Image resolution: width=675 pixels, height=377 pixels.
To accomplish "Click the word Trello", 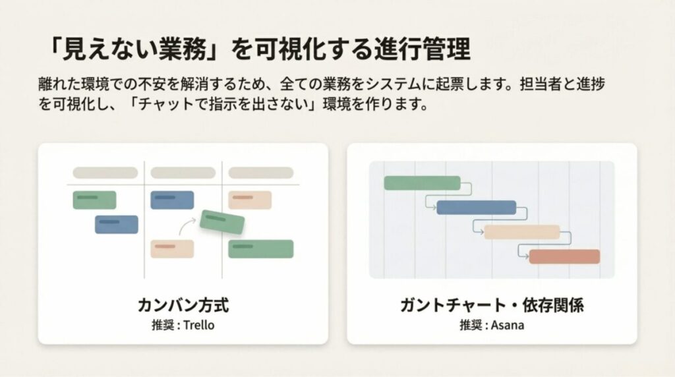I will coord(199,326).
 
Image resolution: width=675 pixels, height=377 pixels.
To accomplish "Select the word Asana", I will coord(508,326).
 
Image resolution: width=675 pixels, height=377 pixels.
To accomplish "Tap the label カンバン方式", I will coord(183,306).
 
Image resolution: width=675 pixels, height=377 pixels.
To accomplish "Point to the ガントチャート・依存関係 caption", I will coord(492,306).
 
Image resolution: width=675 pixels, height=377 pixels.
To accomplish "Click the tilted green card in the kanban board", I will coord(222,221).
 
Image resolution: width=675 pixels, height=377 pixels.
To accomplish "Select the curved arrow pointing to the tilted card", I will coord(189,226).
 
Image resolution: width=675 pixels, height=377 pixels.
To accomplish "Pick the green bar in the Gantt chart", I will coord(422,183).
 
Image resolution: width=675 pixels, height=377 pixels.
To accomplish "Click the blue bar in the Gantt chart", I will coord(476,208).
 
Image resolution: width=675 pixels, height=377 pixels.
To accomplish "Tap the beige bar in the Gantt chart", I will coord(521,232).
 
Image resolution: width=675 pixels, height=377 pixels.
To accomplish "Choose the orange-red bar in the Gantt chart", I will coord(564,256).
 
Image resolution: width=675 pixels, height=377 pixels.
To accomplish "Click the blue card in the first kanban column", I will coord(117,224).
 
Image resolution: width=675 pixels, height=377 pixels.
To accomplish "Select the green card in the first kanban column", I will coord(94,200).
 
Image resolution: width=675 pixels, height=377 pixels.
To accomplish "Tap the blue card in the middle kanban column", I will coord(172,200).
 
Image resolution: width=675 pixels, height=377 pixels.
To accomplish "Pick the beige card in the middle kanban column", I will coord(172,248).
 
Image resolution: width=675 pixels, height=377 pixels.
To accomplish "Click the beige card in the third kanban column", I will coord(250,200).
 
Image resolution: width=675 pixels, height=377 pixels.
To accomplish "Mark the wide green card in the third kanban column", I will coord(260,248).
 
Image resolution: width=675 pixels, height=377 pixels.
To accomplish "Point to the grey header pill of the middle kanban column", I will coord(183,173).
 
